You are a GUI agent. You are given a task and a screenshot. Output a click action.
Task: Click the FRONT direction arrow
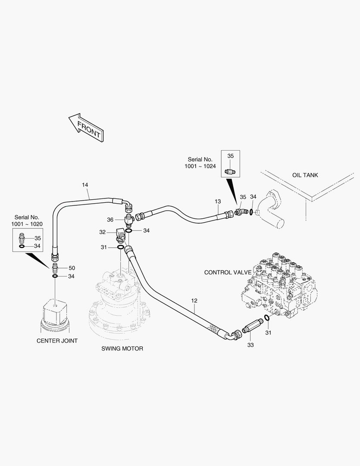click(x=86, y=127)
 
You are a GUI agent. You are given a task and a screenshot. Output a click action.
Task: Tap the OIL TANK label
click(x=305, y=175)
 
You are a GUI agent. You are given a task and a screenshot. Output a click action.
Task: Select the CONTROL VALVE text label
click(x=228, y=272)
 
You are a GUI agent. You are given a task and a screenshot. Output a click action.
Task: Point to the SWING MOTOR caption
click(x=122, y=348)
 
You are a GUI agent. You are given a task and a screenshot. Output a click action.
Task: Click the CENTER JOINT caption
click(x=57, y=340)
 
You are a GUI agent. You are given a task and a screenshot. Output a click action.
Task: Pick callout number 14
click(x=85, y=185)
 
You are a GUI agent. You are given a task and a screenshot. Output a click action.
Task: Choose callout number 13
click(x=218, y=202)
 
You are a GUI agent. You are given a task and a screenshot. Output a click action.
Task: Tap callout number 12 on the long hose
click(x=194, y=301)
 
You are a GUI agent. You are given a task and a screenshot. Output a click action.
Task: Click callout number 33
click(x=250, y=345)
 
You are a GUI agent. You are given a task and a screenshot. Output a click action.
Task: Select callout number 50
click(x=72, y=268)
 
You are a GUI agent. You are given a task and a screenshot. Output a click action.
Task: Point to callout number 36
click(x=110, y=220)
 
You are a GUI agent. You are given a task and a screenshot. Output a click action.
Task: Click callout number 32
click(x=103, y=232)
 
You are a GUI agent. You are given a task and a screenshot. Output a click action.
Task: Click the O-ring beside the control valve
click(x=267, y=318)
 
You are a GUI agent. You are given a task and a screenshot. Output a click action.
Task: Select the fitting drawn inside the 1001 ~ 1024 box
click(x=230, y=172)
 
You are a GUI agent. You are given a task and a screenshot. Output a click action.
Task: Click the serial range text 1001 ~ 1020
click(x=27, y=224)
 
